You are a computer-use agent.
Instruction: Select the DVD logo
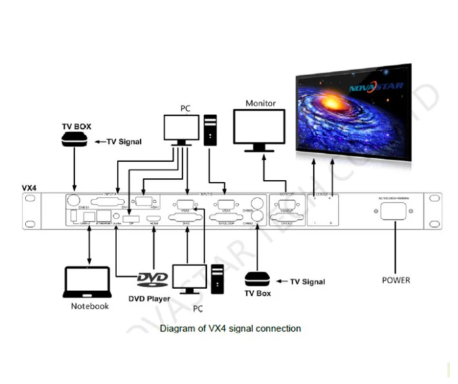(x=152, y=280)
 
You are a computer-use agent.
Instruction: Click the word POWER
(x=396, y=280)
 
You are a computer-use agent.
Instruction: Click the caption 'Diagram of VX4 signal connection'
(x=230, y=328)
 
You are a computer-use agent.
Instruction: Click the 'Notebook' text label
(x=90, y=306)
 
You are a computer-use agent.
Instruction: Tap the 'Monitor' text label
(x=260, y=103)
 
